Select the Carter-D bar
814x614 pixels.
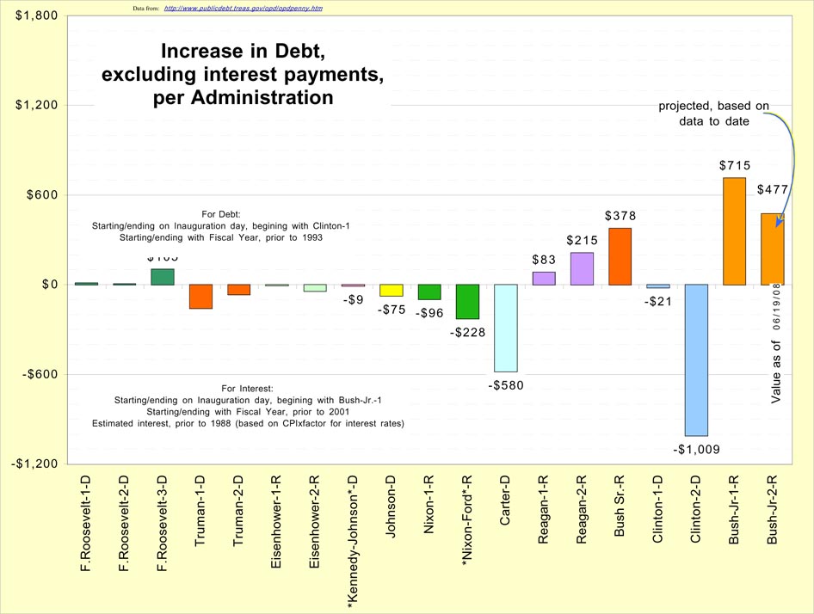505,328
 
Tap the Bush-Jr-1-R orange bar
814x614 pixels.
734,231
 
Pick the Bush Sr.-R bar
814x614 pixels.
620,256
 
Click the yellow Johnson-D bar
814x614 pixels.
392,290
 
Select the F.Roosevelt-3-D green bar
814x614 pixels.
163,276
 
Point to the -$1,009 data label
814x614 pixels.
696,449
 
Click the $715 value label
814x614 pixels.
735,165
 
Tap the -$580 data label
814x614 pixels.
505,385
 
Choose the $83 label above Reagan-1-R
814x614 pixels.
543,259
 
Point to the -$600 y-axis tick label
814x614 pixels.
37,374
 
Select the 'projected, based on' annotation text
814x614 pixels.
713,107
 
